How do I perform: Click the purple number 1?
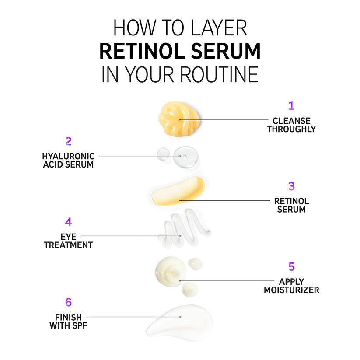coord(291,106)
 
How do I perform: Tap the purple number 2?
coord(68,141)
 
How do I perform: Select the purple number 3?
coord(291,186)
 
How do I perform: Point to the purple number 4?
coord(68,222)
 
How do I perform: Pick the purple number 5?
coord(291,266)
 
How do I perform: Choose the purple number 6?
coord(68,302)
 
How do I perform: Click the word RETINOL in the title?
coord(142,51)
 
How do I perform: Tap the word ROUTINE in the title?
coord(219,74)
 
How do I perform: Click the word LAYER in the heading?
coord(219,28)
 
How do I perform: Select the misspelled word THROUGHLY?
coord(291,129)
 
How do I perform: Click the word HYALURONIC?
coord(68,156)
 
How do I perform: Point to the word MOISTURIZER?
coord(291,290)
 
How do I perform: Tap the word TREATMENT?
coord(68,245)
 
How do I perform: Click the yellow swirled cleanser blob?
coord(178,119)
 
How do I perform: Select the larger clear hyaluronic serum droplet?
coord(185,157)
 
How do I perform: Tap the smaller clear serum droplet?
coord(163,154)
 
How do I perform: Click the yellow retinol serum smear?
coord(178,191)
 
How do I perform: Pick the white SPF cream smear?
coord(182,322)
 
